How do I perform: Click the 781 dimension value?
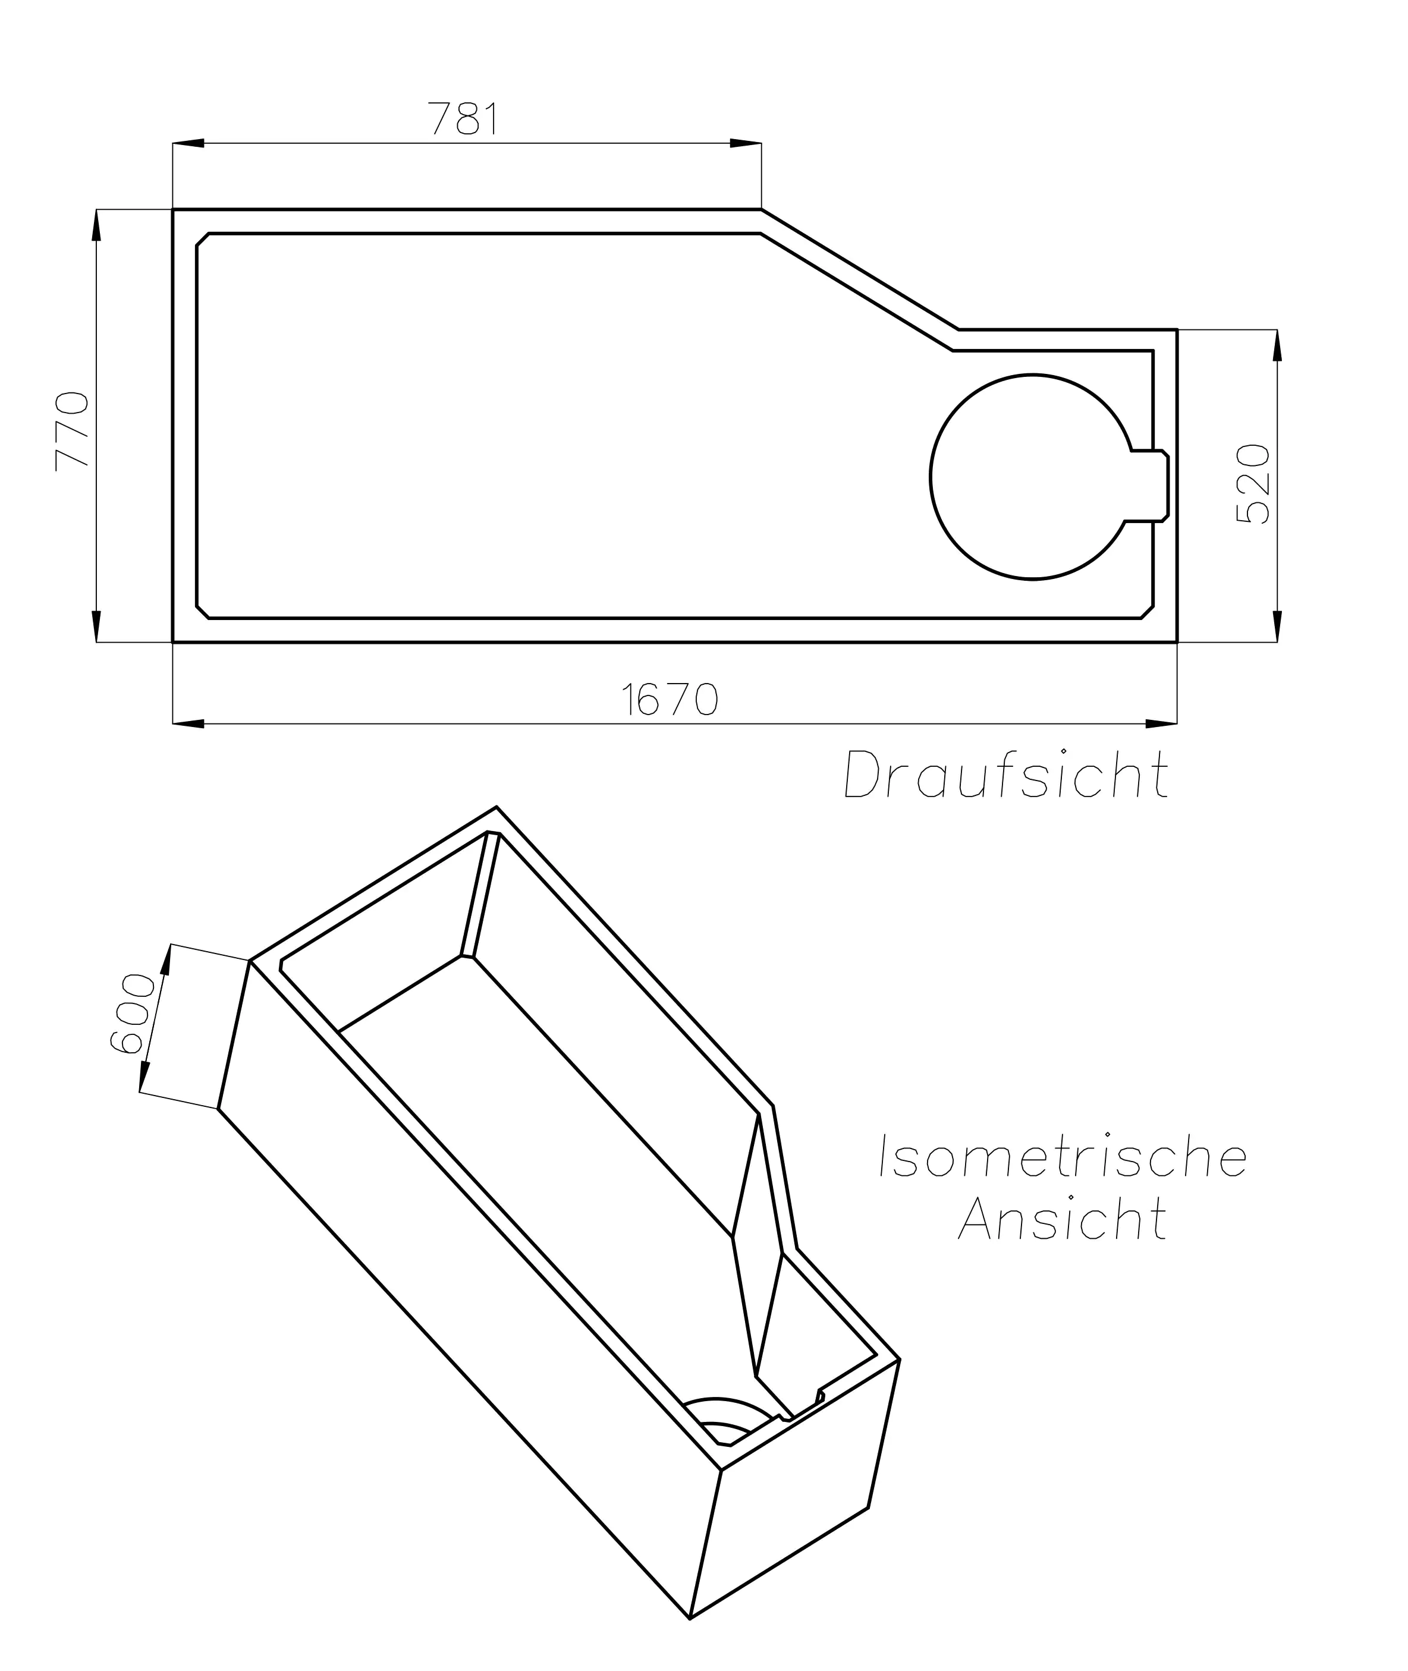point(464,119)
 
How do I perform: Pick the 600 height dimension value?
point(131,1014)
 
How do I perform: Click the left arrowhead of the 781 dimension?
point(188,144)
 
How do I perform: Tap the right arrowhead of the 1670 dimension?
point(1161,724)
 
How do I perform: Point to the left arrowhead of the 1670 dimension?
point(188,724)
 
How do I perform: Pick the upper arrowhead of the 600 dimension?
point(166,960)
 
